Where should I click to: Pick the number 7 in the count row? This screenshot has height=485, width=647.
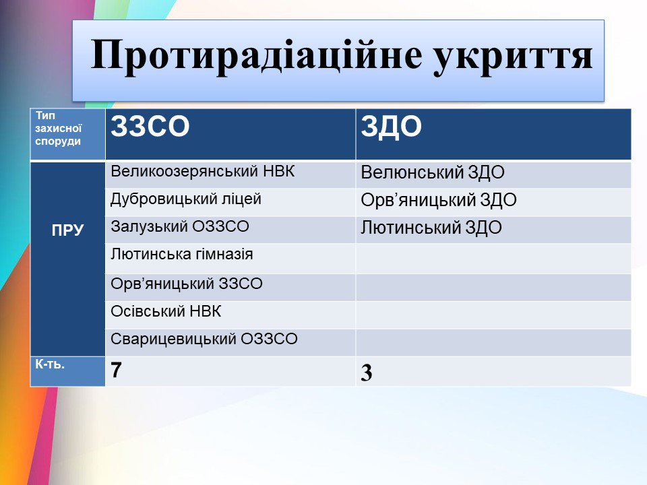tap(116, 370)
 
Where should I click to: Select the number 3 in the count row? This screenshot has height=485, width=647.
tap(367, 373)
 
